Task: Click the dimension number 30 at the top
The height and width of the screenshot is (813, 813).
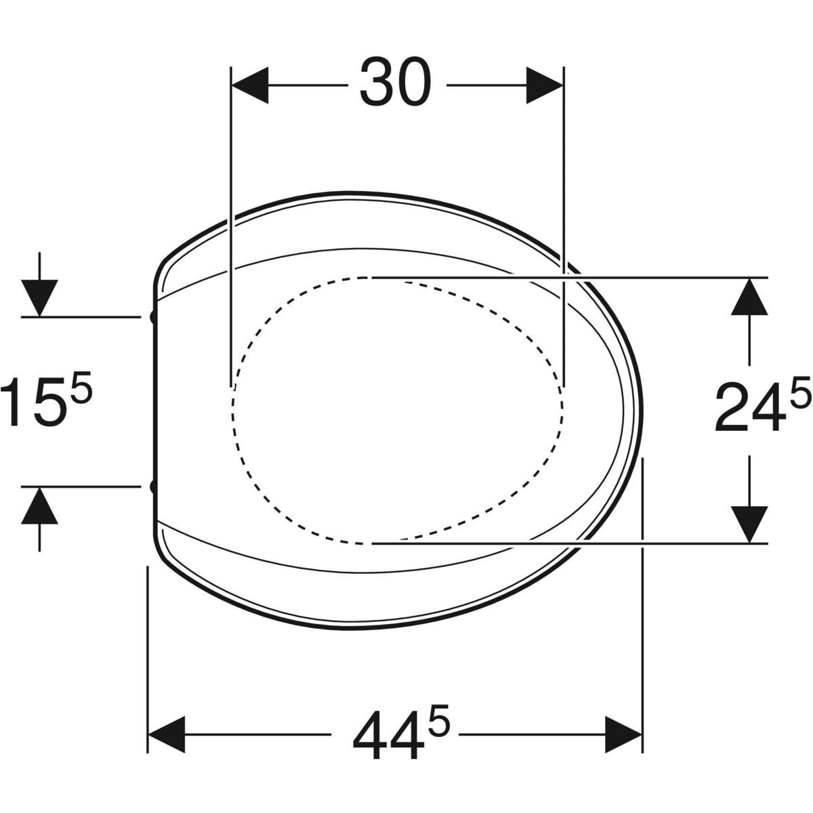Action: click(395, 82)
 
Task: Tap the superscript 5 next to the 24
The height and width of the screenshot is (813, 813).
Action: click(801, 392)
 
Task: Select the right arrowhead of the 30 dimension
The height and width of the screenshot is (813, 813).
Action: click(545, 85)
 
